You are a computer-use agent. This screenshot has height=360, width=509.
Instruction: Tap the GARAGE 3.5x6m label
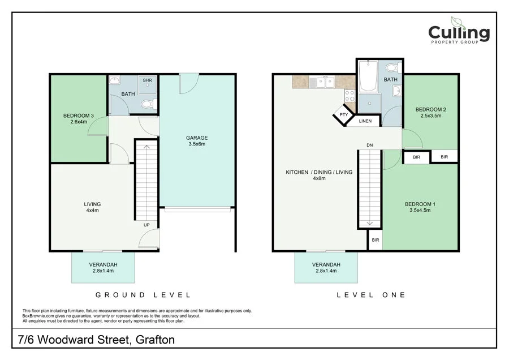(197, 141)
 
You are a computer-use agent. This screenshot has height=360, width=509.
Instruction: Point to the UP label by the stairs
(146, 225)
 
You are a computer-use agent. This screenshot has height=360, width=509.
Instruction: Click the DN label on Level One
(369, 145)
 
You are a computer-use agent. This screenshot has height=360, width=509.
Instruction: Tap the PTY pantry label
(343, 115)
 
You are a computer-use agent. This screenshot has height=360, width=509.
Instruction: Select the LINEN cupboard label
(365, 121)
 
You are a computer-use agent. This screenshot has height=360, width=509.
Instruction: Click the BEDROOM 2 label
(428, 113)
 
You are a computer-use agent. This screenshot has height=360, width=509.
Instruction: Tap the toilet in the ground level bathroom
(147, 104)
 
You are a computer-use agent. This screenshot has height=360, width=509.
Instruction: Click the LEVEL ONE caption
(371, 295)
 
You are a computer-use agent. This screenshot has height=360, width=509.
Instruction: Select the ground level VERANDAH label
(103, 268)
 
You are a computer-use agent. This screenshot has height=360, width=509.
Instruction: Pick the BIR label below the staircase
(375, 240)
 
